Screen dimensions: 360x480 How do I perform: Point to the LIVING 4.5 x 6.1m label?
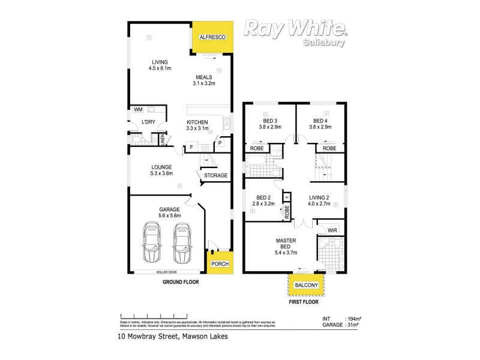[x=160, y=65]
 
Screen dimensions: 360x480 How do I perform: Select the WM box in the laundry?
[x=138, y=110]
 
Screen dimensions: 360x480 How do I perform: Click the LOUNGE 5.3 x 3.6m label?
[x=161, y=170]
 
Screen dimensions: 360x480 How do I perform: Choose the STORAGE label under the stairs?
[x=215, y=176]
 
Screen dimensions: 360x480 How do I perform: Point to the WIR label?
[x=332, y=229]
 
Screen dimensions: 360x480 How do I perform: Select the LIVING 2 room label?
[x=319, y=200]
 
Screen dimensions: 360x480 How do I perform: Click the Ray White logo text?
[x=294, y=29]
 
